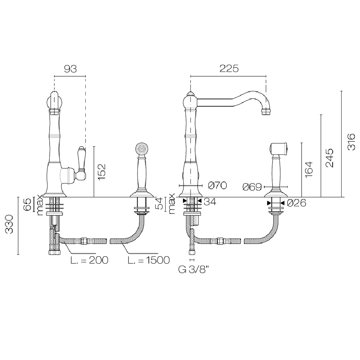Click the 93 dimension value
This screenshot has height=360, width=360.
[70, 69]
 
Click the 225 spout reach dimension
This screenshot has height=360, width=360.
[229, 68]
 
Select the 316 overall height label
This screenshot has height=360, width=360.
[351, 142]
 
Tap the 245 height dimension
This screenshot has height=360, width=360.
[330, 158]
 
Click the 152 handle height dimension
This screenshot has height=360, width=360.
[102, 172]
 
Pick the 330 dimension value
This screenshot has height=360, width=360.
[9, 224]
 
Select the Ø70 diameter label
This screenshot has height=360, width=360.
[217, 185]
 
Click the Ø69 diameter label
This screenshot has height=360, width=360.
[252, 187]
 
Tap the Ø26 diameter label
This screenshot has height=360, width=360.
[297, 203]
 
